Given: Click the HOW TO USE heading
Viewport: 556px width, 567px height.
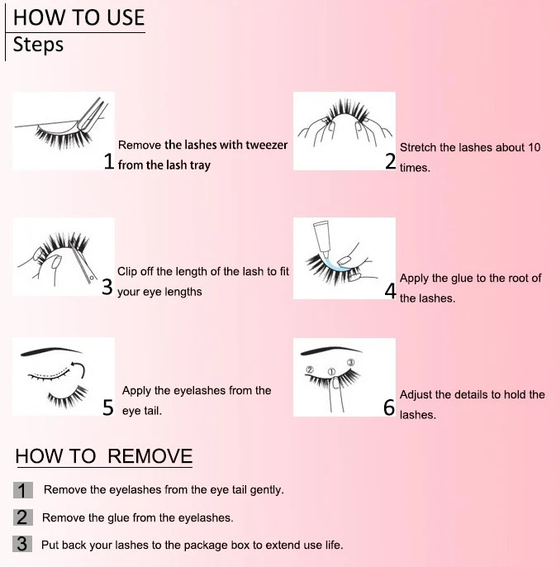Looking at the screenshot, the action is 78,17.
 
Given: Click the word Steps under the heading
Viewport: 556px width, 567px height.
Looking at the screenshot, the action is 38,45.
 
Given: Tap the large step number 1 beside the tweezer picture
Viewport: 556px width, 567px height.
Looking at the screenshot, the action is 109,161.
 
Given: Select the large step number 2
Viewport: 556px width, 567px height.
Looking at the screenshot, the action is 391,161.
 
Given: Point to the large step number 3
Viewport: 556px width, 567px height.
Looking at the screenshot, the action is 107,287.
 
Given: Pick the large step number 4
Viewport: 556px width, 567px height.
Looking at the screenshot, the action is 391,291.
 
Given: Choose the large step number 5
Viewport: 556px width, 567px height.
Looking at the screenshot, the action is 108,407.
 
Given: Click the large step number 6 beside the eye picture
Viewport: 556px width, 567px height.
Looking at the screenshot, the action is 389,407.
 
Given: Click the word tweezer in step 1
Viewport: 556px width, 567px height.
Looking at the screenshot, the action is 266,145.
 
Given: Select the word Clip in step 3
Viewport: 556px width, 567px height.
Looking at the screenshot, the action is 127,272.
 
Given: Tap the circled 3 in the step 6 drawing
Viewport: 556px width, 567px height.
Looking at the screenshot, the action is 350,363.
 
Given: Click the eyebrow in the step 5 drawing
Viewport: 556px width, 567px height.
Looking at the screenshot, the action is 51,350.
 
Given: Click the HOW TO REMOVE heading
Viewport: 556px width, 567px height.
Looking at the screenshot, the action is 104,456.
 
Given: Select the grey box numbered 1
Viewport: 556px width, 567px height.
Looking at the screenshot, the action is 23,490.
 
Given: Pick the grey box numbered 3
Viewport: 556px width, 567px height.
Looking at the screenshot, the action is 22,544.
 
